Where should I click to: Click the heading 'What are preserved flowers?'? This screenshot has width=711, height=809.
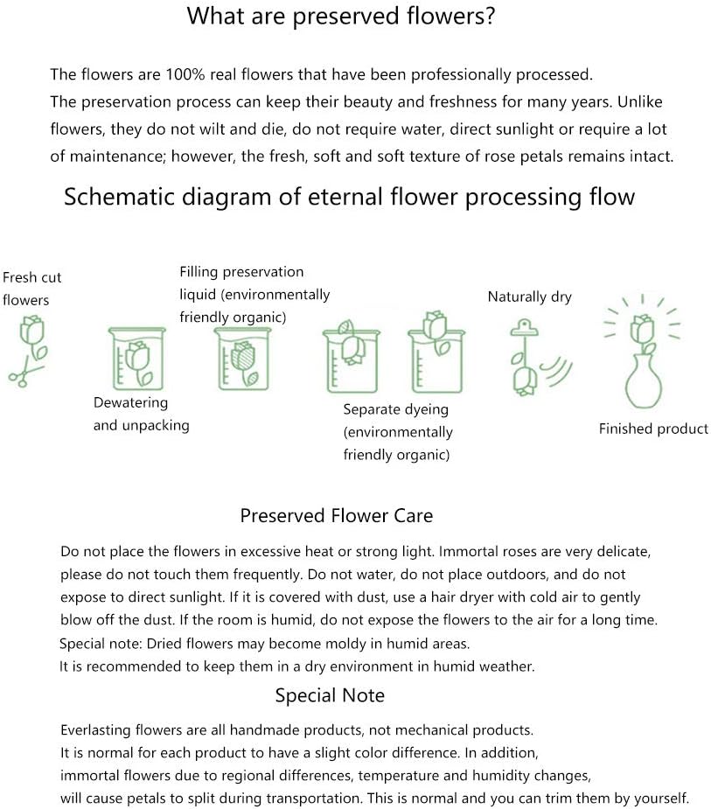click(x=340, y=17)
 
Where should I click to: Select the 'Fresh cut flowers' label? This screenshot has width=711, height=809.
click(x=32, y=289)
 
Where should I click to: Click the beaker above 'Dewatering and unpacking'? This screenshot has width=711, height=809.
click(x=137, y=359)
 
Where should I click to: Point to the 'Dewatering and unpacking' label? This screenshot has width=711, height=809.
click(x=142, y=414)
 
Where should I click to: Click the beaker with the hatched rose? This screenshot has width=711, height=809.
click(x=242, y=359)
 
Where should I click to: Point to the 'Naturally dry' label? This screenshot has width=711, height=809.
click(x=529, y=297)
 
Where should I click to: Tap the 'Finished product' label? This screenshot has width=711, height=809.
click(x=653, y=429)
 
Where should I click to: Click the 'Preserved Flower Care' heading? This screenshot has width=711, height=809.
click(x=337, y=516)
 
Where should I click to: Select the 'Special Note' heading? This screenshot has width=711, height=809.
click(x=330, y=695)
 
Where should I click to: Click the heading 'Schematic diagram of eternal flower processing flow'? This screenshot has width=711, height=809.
click(x=349, y=197)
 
